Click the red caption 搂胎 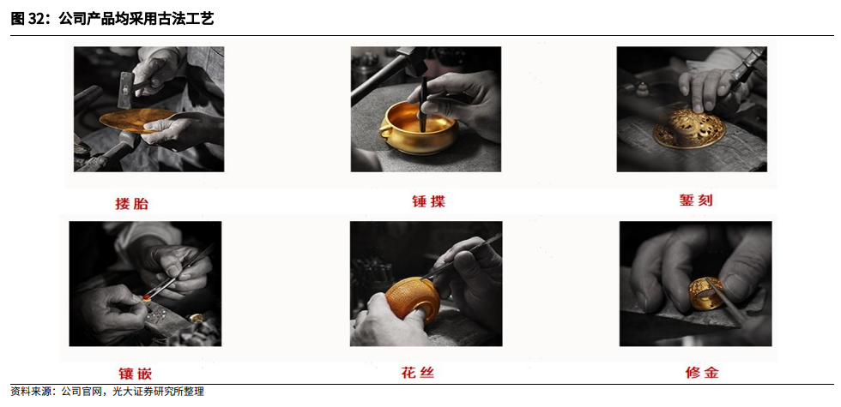point(131,204)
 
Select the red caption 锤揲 point(428,202)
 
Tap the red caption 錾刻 point(696,201)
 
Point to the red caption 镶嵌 point(136,373)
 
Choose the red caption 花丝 point(417,372)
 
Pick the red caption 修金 point(702,372)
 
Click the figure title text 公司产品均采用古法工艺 point(136,19)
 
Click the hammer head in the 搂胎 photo point(125,89)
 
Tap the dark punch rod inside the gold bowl point(423,105)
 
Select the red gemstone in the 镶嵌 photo point(145,296)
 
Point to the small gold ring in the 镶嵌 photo point(196,318)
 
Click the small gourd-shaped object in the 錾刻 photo point(640,89)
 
